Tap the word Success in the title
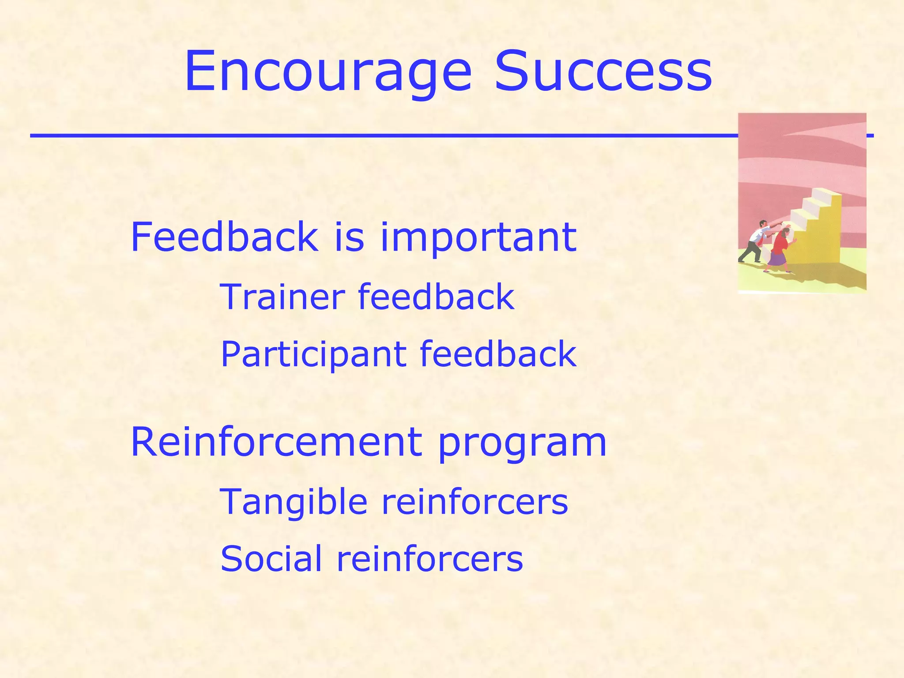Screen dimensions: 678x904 [x=603, y=72]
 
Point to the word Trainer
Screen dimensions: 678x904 [x=282, y=297]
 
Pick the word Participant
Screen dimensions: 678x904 [x=313, y=354]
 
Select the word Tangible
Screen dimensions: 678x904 [x=294, y=502]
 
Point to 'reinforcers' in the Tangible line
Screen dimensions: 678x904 [x=475, y=502]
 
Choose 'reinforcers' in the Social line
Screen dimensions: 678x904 [x=430, y=559]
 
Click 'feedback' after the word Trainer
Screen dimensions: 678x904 [x=436, y=297]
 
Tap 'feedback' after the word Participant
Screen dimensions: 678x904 [x=498, y=354]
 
